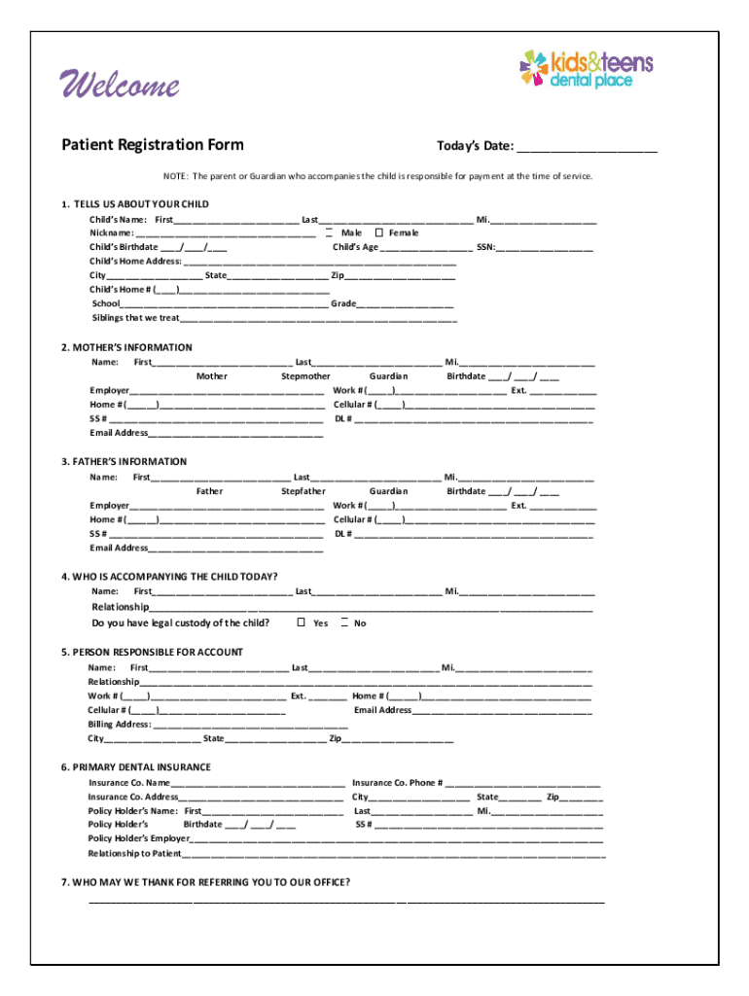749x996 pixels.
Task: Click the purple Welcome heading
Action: point(121,86)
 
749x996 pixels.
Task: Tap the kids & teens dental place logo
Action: point(586,68)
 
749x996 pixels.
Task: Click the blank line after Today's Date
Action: point(587,148)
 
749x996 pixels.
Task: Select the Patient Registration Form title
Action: point(153,146)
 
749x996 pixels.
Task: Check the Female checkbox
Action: point(379,232)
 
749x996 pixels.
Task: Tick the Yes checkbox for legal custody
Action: point(302,622)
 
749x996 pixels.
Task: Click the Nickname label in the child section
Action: point(112,233)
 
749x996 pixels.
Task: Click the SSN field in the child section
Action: point(545,247)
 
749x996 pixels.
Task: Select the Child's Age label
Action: point(355,247)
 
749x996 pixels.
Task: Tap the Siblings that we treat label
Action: point(136,317)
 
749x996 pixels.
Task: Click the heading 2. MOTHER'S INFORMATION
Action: point(126,347)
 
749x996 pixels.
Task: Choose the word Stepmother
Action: point(305,375)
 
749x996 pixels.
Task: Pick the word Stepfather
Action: point(303,491)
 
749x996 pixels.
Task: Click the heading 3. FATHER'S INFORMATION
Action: point(124,462)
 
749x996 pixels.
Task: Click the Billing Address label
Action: point(120,725)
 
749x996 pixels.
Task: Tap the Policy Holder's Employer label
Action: point(139,837)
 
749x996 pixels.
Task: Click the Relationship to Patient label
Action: point(135,853)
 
